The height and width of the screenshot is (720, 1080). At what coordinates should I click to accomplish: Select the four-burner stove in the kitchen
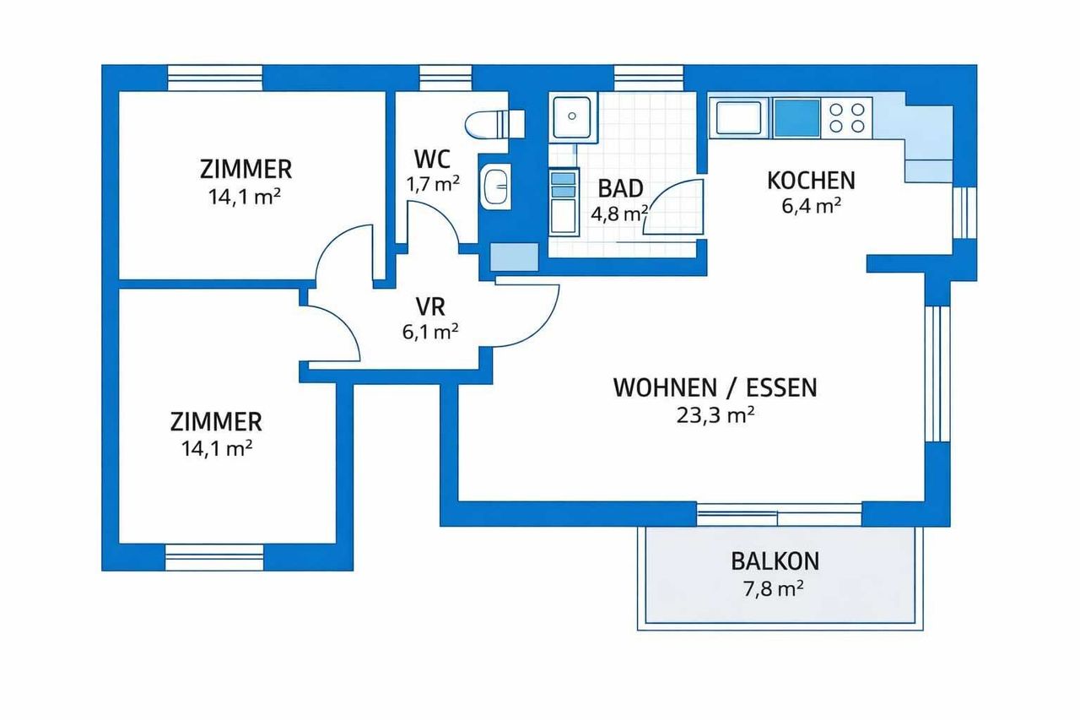(x=846, y=117)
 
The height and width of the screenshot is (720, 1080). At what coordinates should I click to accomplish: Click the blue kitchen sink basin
(x=796, y=117)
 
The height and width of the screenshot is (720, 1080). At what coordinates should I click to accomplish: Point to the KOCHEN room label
(x=810, y=180)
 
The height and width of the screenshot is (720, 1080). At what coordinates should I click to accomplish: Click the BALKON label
(x=775, y=560)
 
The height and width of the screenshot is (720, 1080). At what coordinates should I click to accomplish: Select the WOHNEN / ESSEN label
(x=715, y=387)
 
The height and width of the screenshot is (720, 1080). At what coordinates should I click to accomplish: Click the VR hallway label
(x=429, y=306)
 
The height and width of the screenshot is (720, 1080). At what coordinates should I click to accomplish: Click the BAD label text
(x=620, y=187)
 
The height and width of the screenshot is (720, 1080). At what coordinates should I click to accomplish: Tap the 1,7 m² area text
(x=433, y=184)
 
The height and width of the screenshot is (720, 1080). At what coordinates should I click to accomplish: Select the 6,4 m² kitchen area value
(x=811, y=205)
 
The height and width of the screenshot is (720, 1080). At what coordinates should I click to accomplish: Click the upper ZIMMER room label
(x=246, y=169)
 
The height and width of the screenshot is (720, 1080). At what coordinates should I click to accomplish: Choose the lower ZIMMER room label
(x=216, y=420)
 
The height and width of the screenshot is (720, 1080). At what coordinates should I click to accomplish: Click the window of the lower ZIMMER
(x=214, y=556)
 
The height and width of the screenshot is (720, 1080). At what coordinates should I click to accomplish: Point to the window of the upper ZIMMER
(x=216, y=78)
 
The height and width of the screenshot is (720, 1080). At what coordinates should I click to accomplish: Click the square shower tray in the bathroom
(x=574, y=116)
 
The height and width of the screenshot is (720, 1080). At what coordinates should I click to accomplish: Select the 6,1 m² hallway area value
(x=429, y=332)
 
